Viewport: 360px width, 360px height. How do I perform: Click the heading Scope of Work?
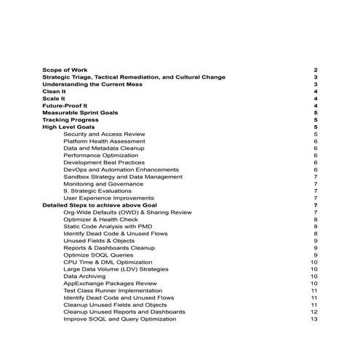point(65,70)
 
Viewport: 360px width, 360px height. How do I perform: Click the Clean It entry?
point(54,92)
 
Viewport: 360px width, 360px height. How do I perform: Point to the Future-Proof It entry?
point(63,106)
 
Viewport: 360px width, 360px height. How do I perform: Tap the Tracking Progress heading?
point(70,120)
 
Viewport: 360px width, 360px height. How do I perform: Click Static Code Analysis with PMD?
point(107,226)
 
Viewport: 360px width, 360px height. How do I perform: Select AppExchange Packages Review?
point(110,283)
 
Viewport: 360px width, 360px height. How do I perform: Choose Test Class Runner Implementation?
point(113,290)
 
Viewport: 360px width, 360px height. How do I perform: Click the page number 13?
point(314,319)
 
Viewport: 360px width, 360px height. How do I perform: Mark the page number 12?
point(314,311)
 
